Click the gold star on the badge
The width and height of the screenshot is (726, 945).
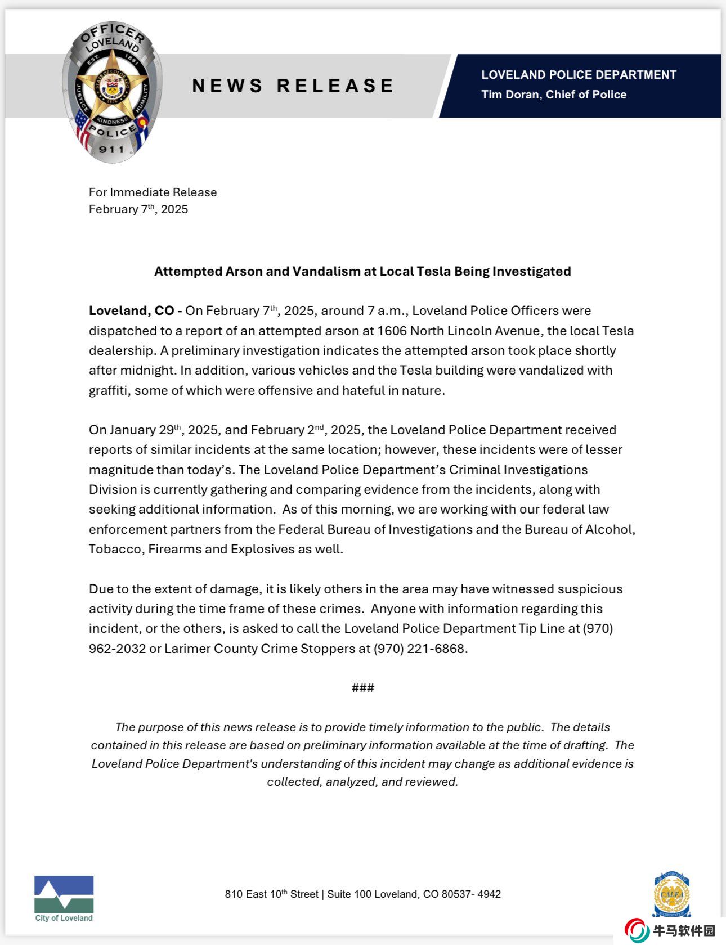[x=113, y=84]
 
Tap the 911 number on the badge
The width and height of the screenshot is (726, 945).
[x=111, y=149]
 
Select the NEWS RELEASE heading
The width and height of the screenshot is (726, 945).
[x=293, y=85]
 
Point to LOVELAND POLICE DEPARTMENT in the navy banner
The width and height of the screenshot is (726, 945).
[x=579, y=75]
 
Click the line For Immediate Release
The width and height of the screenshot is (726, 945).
[x=153, y=192]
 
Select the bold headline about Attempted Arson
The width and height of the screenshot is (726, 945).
[x=362, y=271]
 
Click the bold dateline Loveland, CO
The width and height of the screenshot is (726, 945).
[x=135, y=310]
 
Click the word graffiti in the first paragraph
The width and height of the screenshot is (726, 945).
[x=109, y=390]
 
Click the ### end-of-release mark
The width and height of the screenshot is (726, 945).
[x=362, y=688]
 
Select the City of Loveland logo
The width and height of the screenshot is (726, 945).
[x=64, y=898]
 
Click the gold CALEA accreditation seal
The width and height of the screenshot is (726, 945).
[x=671, y=894]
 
